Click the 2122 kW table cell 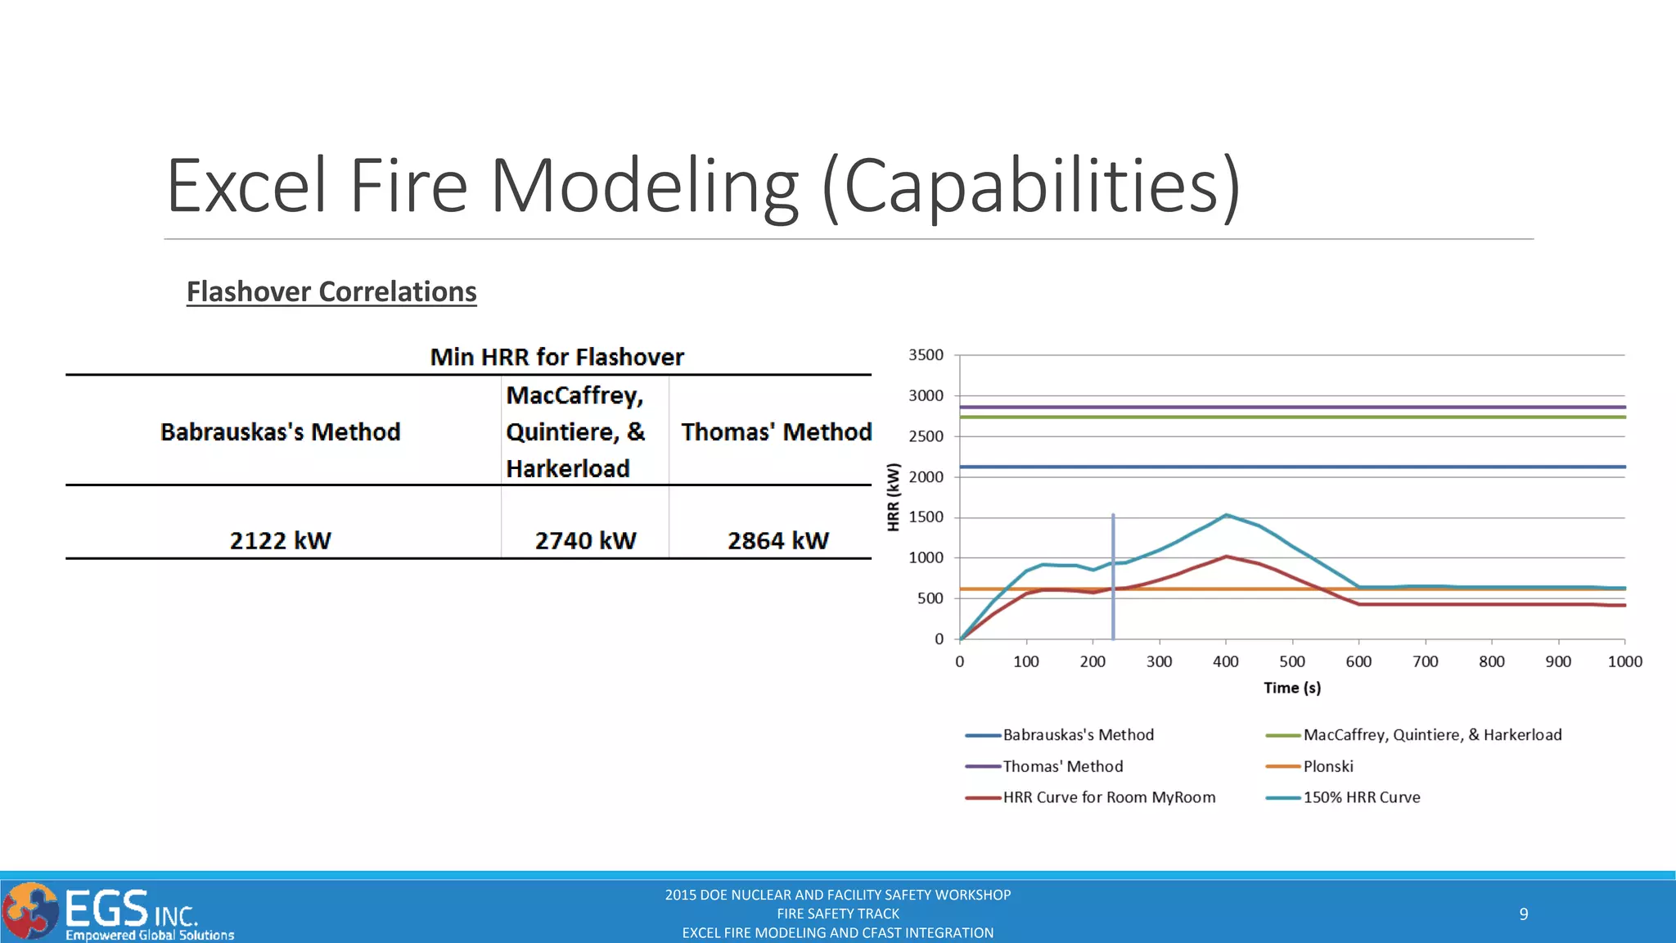pos(280,540)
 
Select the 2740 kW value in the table pos(585,540)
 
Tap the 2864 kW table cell pos(777,540)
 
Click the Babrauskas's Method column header pos(280,431)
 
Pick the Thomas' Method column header pos(776,431)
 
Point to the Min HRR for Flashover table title pos(556,357)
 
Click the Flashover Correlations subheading pos(331,291)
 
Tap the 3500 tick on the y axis pos(926,355)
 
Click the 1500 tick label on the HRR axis pos(926,517)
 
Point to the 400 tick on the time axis pos(1226,661)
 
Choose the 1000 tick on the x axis pos(1624,661)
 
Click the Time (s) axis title pos(1292,688)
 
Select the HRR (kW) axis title pos(894,497)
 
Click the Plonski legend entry pos(1327,766)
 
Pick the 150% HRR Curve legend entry pos(1361,797)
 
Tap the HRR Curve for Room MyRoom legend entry pos(1109,797)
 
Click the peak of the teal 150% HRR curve pos(1226,515)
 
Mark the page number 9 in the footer pos(1524,914)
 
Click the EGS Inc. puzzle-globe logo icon pos(30,910)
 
